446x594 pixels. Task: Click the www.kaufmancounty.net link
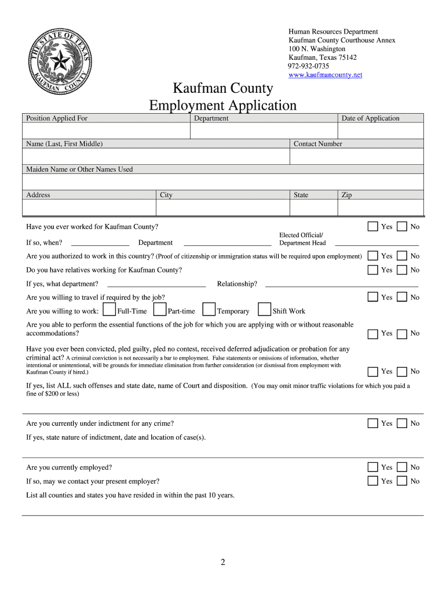(x=325, y=75)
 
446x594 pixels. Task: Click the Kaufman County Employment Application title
(x=223, y=97)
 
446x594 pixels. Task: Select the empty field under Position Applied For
(x=106, y=131)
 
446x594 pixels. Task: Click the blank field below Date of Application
(x=381, y=131)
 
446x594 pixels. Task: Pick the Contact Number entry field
(x=356, y=157)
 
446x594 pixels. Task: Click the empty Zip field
(x=381, y=208)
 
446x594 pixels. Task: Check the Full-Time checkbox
(x=108, y=310)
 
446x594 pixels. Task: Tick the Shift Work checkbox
(x=264, y=310)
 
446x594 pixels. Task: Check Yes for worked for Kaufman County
(x=373, y=226)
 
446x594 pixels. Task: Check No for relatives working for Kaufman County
(x=401, y=269)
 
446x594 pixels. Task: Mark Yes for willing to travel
(x=373, y=297)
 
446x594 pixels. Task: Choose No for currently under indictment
(x=401, y=423)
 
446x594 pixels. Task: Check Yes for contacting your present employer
(x=373, y=481)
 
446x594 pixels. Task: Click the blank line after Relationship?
(x=341, y=284)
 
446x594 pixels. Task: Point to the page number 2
(x=222, y=562)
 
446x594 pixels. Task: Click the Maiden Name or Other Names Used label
(x=79, y=169)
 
